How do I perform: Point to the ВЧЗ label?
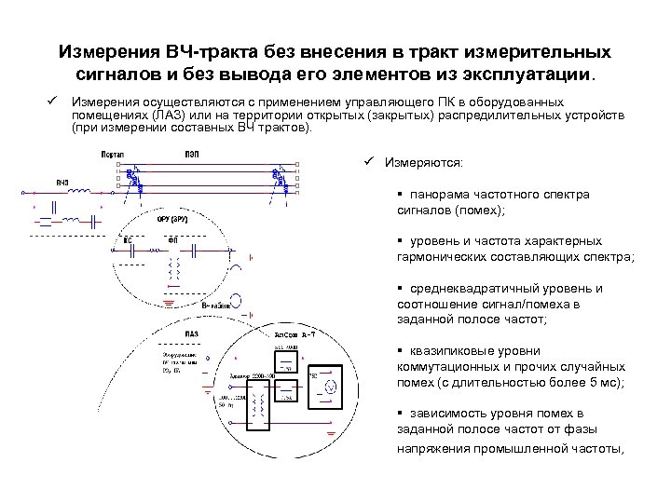[x=62, y=181]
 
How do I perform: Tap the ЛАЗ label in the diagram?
[x=190, y=333]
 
